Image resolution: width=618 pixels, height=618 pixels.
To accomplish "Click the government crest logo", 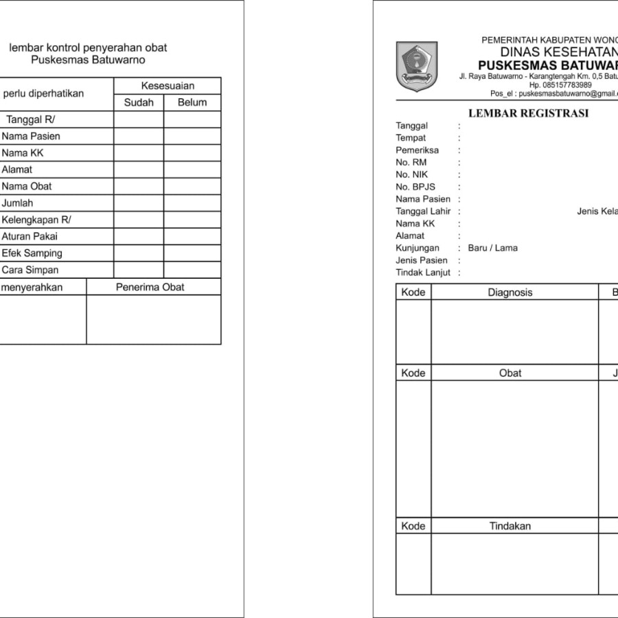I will tap(416, 67).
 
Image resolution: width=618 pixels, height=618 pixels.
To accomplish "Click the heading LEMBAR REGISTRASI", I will tap(528, 113).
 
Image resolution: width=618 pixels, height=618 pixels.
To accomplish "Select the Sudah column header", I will tap(139, 102).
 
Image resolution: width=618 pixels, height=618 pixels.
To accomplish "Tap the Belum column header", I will tap(192, 102).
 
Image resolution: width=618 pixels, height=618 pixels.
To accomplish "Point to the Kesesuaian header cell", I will tap(168, 86).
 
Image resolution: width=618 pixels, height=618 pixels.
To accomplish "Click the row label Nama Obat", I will tap(27, 186).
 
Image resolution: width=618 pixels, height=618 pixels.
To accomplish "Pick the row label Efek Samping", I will tap(32, 253).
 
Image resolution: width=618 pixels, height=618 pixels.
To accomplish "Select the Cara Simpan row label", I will tap(30, 270).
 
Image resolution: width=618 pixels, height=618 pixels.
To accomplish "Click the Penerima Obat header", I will tap(150, 287).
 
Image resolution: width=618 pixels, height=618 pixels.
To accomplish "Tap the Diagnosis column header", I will tap(510, 292).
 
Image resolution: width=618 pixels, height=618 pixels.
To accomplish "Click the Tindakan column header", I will tap(510, 526).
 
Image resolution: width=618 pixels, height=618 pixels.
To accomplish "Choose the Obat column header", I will tap(510, 373).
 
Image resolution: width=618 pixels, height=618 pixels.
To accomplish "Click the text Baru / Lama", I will tap(492, 248).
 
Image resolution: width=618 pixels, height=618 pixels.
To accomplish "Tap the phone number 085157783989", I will tap(566, 84).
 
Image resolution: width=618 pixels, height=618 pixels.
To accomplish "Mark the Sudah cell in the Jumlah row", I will tap(139, 203).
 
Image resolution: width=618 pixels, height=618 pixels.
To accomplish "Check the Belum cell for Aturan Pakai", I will tap(192, 236).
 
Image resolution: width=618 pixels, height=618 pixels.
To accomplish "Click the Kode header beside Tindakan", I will tap(413, 526).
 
